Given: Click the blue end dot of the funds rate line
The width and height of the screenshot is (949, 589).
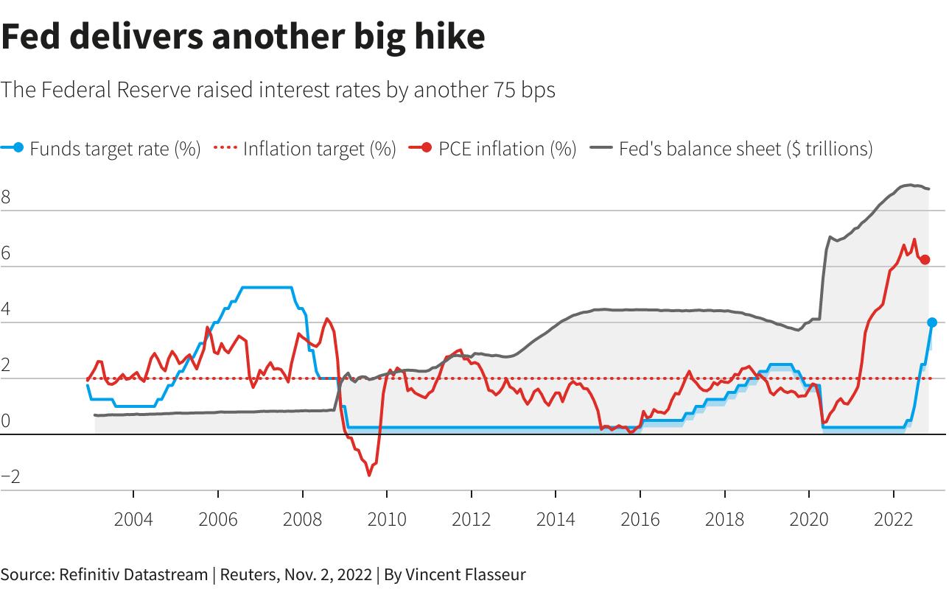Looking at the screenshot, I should (931, 322).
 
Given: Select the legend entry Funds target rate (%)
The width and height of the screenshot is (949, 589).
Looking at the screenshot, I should (115, 149).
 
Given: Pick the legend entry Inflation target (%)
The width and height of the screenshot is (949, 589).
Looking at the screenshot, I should (319, 149).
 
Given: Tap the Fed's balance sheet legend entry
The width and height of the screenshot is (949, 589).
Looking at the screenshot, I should (745, 149).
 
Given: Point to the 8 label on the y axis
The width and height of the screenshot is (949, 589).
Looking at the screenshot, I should (6, 197).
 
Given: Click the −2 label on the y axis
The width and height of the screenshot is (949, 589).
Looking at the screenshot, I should (10, 477).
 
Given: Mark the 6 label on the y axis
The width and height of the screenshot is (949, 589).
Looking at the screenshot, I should (6, 253).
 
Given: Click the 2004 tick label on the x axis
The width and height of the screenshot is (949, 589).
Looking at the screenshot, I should (133, 520).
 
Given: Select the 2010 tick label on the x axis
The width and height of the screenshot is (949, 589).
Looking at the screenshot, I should (387, 520).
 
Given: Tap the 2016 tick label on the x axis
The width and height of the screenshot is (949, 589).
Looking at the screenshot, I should (640, 520).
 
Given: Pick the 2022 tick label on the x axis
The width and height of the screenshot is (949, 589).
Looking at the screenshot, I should (894, 520).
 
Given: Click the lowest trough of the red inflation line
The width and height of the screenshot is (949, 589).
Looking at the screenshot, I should (368, 476).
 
